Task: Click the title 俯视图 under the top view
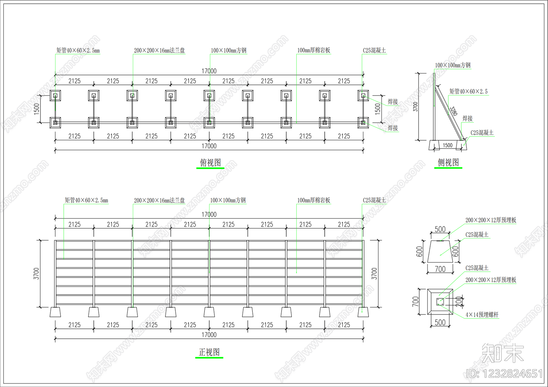coord(210,163)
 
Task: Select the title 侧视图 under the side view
coord(448,162)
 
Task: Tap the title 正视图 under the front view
coord(209,352)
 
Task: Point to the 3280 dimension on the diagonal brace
coord(453,111)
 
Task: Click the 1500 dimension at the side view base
coord(447,145)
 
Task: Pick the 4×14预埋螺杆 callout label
coord(482,315)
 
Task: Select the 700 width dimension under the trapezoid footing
coord(440,269)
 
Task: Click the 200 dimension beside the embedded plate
coord(459,302)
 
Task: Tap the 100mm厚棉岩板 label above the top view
coord(314,50)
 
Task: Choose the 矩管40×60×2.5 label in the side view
coord(469,91)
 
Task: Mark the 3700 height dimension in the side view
coord(415,107)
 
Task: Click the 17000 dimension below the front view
coord(209,335)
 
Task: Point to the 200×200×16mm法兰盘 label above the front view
coord(159,201)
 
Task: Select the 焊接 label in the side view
coord(468,119)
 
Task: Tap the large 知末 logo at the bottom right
coord(503,353)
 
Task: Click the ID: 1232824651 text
coord(504,374)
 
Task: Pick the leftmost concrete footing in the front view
coord(55,312)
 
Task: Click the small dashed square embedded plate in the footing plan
coord(440,302)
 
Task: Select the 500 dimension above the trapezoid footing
coord(440,229)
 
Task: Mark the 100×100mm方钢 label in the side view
coord(452,65)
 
